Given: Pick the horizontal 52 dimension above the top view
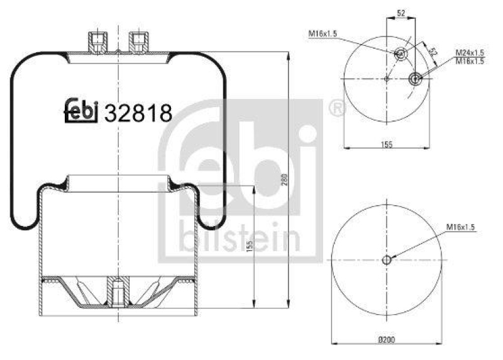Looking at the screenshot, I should (401, 13).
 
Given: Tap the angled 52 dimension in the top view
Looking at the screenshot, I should (432, 50).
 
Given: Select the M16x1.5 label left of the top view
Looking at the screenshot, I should (322, 33).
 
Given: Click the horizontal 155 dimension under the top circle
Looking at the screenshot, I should (386, 145).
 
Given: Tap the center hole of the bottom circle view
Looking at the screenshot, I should (387, 259).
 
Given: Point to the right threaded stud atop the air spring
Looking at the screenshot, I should (137, 42).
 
